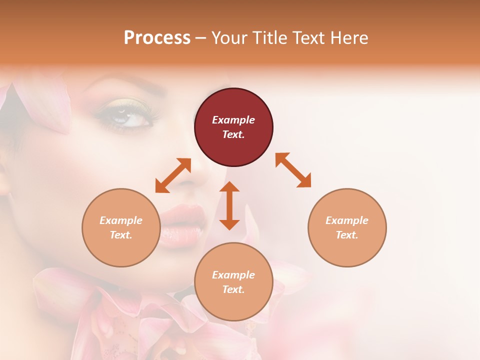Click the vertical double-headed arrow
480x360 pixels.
(x=229, y=205)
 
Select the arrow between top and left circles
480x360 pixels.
(x=173, y=175)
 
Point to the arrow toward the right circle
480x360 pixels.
(x=293, y=170)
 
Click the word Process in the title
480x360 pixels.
(x=157, y=37)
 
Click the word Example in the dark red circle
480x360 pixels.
(x=233, y=120)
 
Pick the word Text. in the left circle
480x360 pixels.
(x=121, y=235)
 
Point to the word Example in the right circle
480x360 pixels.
(x=347, y=220)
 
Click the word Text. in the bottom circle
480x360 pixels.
(x=233, y=289)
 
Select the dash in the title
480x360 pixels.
(x=200, y=38)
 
